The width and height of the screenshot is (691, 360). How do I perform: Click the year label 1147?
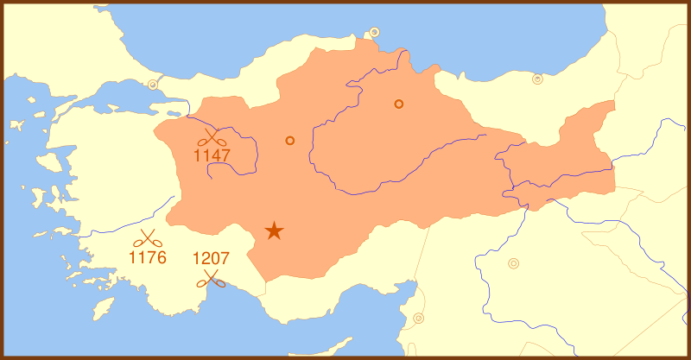point(212,156)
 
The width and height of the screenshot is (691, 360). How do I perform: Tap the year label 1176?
point(148,257)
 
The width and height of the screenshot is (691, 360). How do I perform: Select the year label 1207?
point(211,258)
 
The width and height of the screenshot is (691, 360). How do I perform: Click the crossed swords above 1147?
point(212,138)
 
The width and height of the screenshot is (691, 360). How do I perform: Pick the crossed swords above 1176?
point(149,238)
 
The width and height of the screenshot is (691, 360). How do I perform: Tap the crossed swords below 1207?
point(211,278)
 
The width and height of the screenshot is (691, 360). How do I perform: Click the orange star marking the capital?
point(274,231)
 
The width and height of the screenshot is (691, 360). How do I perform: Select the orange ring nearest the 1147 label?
point(290,140)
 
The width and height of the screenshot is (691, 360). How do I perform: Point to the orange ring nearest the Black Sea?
point(399,104)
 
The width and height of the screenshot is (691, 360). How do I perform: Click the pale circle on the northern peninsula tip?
point(375,33)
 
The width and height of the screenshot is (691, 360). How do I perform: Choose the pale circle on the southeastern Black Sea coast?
point(537,79)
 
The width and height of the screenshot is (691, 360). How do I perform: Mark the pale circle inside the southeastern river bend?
point(514,263)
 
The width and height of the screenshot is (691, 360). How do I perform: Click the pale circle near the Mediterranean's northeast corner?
point(419,318)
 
